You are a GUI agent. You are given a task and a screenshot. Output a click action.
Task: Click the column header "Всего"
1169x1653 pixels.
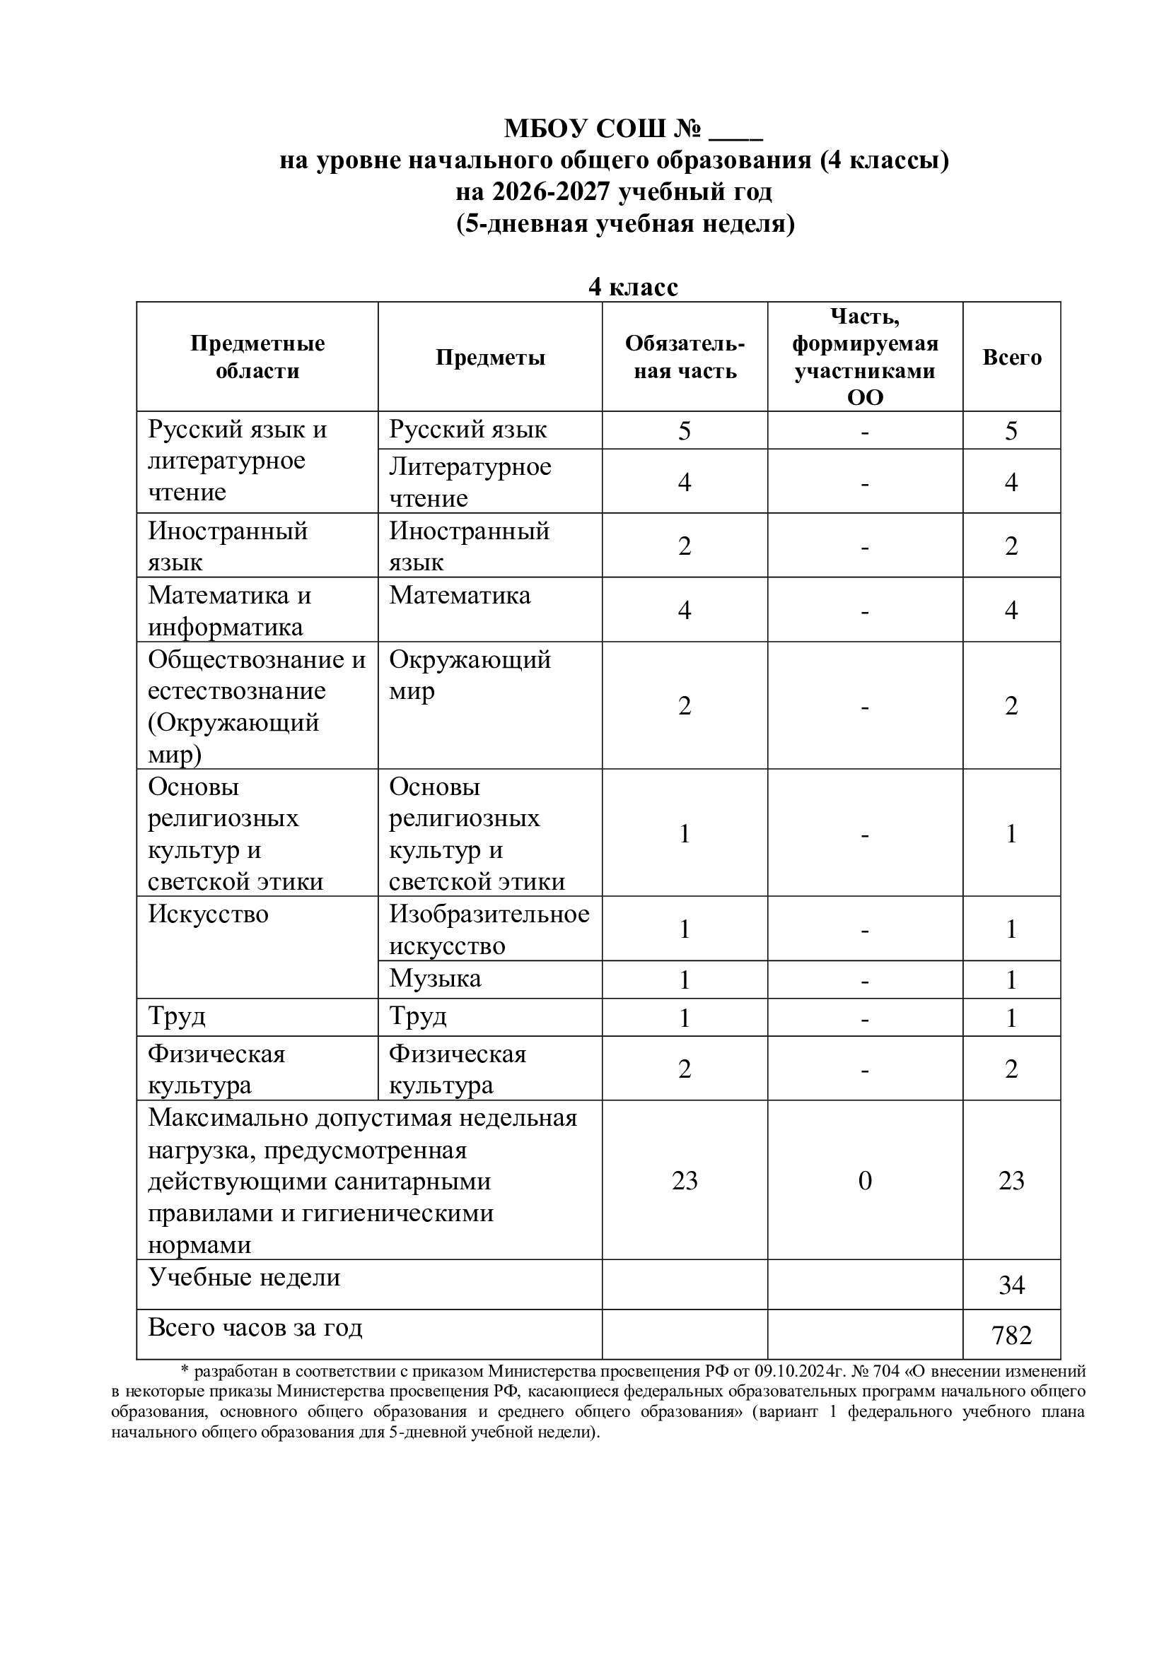(1011, 357)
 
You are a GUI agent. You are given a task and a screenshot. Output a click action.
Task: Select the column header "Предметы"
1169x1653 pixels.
(490, 357)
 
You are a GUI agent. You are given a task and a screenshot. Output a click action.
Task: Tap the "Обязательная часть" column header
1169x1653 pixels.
(685, 357)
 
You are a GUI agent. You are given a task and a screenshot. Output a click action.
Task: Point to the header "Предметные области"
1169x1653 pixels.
(257, 357)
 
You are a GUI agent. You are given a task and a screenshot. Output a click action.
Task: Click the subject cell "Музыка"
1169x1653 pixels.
(435, 978)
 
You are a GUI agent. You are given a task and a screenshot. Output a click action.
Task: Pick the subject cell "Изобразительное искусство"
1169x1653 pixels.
(489, 929)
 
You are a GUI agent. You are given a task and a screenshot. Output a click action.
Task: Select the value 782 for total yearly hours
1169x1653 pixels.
(1011, 1336)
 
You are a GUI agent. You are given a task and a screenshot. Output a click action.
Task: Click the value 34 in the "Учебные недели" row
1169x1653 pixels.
(1011, 1285)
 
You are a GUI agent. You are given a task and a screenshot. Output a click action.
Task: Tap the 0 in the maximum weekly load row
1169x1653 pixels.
(864, 1181)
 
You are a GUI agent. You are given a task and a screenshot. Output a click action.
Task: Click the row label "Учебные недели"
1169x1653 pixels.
(244, 1277)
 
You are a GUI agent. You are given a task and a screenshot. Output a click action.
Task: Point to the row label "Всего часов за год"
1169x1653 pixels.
(255, 1328)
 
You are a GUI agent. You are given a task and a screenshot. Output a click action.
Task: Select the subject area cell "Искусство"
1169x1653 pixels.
(208, 914)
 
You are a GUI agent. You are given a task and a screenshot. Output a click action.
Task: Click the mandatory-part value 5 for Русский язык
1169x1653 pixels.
(685, 430)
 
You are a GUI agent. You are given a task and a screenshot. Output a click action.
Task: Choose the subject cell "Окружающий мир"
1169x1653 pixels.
(470, 675)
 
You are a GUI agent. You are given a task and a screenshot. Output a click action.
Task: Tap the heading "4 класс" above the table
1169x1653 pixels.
(633, 286)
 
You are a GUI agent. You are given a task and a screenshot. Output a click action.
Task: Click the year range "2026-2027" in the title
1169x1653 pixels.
(552, 192)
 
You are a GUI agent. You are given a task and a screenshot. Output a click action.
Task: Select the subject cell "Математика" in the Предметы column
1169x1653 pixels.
(460, 595)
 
